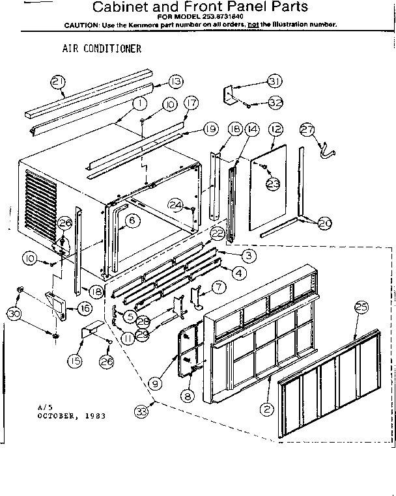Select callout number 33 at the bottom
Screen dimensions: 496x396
[x=141, y=411]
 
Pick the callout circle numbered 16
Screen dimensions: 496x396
[x=85, y=307]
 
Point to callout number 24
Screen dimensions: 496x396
[x=175, y=205]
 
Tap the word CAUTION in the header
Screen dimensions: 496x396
[x=81, y=25]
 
